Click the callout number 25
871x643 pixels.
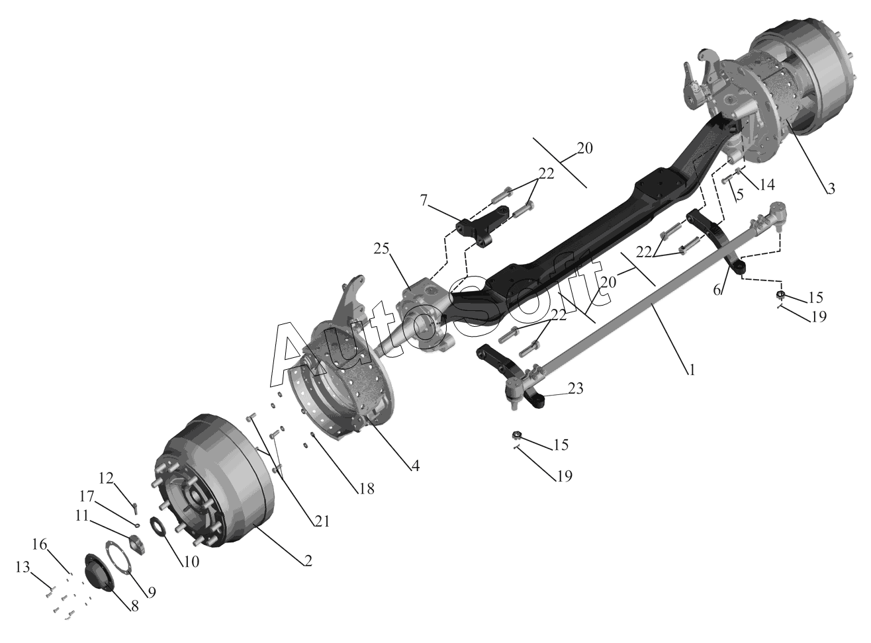tap(381, 249)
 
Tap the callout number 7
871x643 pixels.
tap(424, 200)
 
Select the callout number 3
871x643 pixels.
tap(831, 189)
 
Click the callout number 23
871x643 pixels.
tap(575, 388)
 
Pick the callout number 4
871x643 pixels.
tap(416, 466)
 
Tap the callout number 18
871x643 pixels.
tap(366, 489)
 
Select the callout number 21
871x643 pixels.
tap(322, 521)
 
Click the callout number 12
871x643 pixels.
tap(106, 478)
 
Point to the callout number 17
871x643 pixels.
tap(87, 497)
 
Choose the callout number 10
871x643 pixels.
tap(191, 562)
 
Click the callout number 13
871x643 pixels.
tap(23, 567)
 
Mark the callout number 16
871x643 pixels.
tap(39, 544)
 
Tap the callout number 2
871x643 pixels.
tap(308, 561)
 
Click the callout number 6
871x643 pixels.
tap(717, 290)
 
